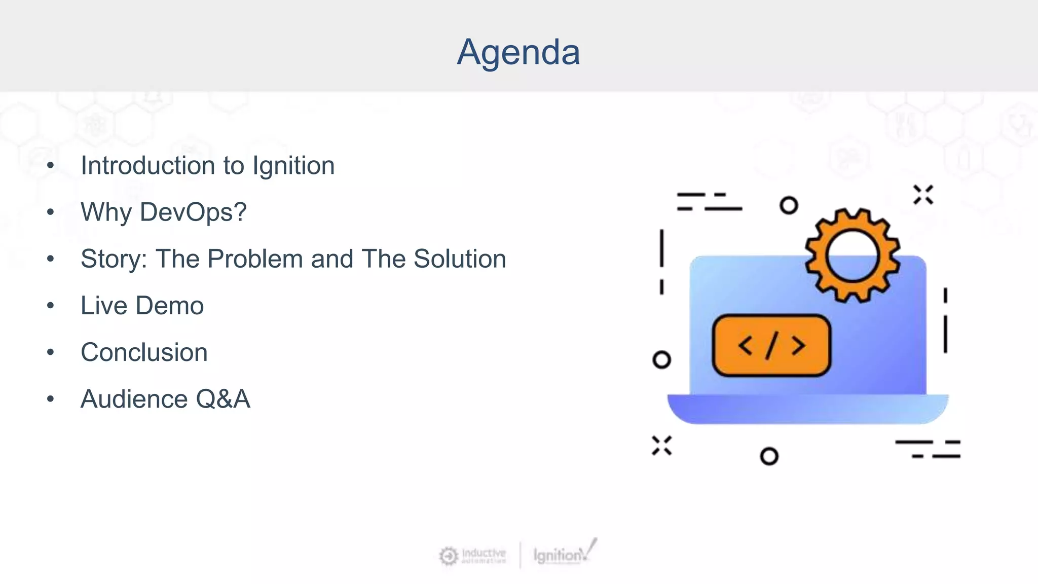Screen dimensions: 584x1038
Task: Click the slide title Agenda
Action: click(518, 52)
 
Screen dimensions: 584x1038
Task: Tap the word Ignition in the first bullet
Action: click(293, 166)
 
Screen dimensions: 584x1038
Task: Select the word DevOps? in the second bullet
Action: click(193, 212)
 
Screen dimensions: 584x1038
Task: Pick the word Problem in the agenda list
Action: click(255, 259)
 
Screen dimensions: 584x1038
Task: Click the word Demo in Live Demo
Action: click(169, 306)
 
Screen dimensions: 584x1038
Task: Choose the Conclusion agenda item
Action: click(144, 352)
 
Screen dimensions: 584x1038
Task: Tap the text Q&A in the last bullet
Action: click(223, 399)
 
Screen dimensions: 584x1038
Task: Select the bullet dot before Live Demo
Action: click(50, 306)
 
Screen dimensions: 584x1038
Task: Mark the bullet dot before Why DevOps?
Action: click(50, 212)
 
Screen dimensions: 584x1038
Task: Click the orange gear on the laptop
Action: click(852, 255)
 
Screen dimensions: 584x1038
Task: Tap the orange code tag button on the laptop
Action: click(771, 345)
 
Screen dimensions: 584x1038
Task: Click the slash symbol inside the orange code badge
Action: click(771, 346)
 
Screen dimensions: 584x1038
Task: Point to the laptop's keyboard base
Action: click(807, 408)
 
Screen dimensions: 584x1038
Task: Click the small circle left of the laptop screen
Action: click(661, 359)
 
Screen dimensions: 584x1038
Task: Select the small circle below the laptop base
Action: click(769, 456)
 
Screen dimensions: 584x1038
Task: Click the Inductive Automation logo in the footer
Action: click(472, 556)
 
